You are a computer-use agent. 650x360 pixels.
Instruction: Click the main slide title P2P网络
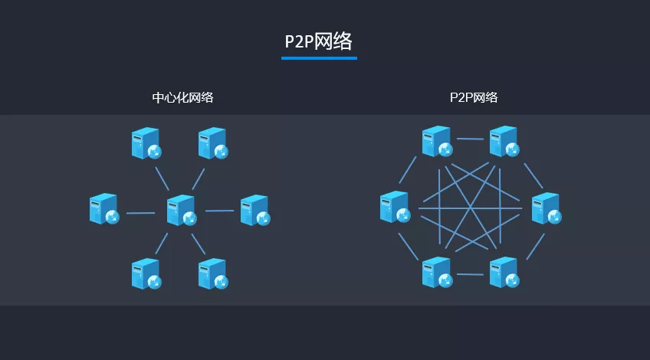click(318, 41)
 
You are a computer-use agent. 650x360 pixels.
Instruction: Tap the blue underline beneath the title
click(319, 58)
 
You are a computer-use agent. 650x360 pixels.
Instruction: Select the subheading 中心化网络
click(182, 98)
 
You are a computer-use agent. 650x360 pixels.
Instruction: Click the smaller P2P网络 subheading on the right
click(474, 98)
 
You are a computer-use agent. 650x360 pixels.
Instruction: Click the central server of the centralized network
click(182, 210)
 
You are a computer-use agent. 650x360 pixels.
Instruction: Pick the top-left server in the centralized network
click(146, 143)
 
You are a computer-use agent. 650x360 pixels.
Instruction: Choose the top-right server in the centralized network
click(213, 143)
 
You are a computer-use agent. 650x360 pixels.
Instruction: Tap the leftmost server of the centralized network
click(104, 209)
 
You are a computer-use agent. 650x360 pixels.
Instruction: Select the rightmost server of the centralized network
click(255, 210)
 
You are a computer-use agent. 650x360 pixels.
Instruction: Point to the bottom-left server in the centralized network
click(146, 274)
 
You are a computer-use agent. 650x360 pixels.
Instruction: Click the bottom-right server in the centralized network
click(213, 274)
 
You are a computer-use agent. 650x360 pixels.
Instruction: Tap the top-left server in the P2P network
click(438, 142)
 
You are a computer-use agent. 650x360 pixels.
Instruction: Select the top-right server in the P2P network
click(504, 142)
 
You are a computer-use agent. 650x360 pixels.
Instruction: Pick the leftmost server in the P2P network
click(395, 207)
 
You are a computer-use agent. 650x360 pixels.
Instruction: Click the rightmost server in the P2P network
click(547, 208)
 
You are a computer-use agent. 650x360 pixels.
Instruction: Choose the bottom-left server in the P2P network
click(438, 272)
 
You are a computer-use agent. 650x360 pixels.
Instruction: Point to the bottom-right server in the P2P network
click(504, 272)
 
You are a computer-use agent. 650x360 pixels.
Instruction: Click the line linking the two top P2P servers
click(470, 139)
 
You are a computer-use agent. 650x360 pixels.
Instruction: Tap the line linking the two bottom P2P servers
click(470, 274)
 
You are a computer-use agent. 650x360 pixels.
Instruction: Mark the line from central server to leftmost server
click(140, 213)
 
